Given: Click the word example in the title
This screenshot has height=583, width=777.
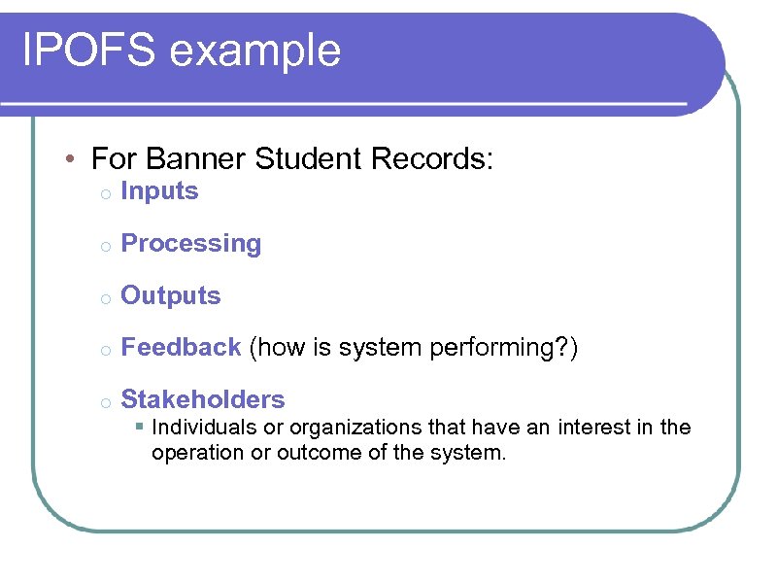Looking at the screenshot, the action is pyautogui.click(x=254, y=51).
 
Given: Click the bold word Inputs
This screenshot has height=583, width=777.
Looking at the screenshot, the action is pyautogui.click(x=159, y=191).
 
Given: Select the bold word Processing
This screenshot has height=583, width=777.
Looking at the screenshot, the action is pyautogui.click(x=191, y=244).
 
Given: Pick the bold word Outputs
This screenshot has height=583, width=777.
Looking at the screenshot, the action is pyautogui.click(x=171, y=295).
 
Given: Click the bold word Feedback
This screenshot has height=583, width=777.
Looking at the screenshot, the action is pyautogui.click(x=181, y=348).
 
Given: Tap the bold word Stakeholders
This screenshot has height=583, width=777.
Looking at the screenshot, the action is pyautogui.click(x=203, y=399).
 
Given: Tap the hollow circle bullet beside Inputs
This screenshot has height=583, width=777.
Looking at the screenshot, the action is pyautogui.click(x=103, y=193).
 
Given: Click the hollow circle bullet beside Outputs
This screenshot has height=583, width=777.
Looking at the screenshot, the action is pyautogui.click(x=103, y=297).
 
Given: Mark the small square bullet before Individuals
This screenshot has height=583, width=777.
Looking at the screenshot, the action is pyautogui.click(x=141, y=428).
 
